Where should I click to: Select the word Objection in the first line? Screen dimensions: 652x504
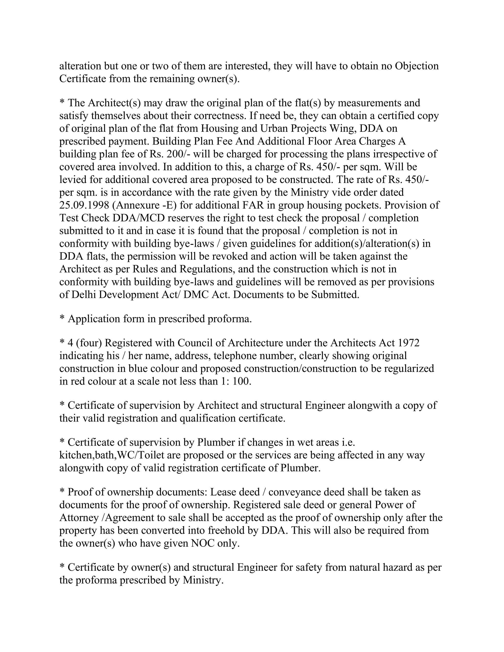(x=417, y=66)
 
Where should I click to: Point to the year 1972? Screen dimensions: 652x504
(x=409, y=343)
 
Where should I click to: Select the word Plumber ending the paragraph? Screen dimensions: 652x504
(x=300, y=468)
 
